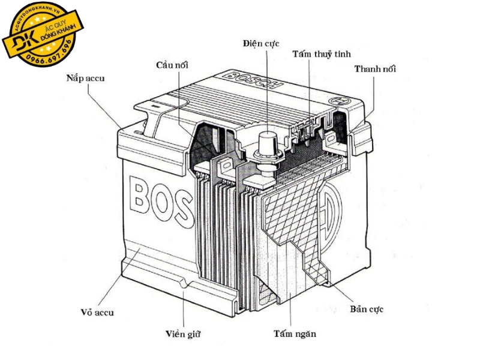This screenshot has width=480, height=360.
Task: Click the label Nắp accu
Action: pos(88,78)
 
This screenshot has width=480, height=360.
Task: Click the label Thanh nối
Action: pos(375,68)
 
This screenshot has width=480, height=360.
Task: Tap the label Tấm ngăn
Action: pos(294,334)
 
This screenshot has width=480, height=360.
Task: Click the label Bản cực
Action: pos(366,310)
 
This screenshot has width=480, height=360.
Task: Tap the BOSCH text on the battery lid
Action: pos(253,80)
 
